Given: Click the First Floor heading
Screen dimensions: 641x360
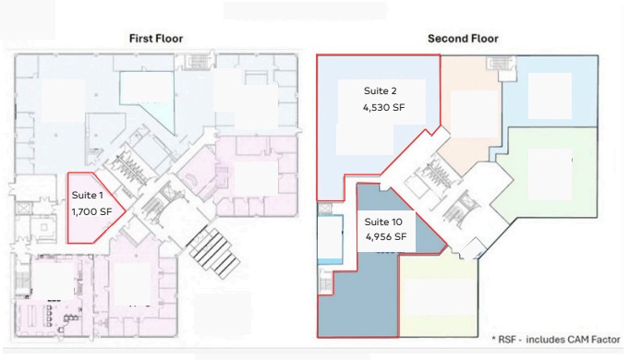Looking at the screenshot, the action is (156, 39).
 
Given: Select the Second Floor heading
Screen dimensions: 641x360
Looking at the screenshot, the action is (463, 39).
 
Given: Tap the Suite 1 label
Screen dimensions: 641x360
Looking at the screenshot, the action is (87, 196).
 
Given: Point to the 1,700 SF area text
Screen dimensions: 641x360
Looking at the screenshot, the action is (91, 211).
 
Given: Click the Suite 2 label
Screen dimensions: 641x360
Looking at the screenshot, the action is (381, 90).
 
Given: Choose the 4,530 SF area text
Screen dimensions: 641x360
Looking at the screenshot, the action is (383, 107).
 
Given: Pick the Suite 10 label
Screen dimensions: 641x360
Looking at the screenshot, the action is (383, 222).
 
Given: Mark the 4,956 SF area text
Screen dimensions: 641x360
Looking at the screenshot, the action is (386, 237).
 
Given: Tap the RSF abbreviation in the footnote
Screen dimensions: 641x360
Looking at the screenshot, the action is (509, 340).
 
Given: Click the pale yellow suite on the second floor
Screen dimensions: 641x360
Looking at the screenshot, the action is (438, 295).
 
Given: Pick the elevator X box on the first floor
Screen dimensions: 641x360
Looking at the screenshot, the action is (22, 209).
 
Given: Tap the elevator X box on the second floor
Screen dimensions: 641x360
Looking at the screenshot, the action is (325, 209).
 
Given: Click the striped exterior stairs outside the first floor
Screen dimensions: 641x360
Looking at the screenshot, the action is (213, 253).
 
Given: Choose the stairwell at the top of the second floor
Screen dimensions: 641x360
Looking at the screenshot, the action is (501, 64).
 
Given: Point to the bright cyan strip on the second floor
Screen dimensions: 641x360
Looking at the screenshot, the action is (331, 261).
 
